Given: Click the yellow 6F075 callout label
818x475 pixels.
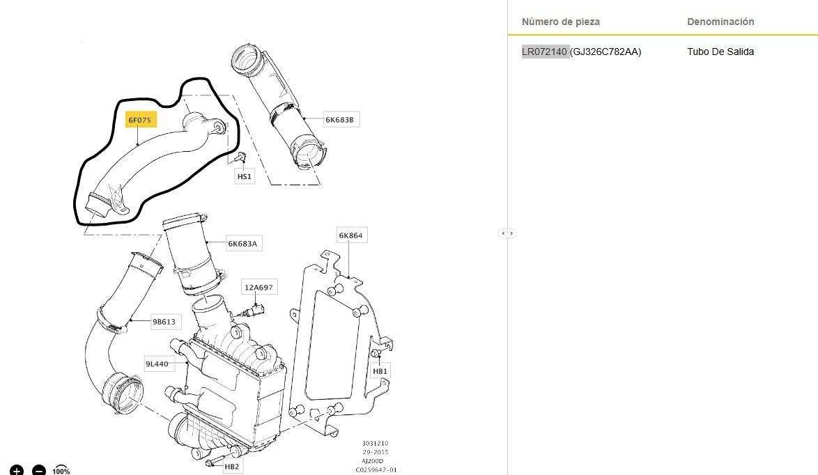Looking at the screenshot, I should coord(140,120).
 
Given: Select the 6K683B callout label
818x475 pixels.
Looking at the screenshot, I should coord(339,120).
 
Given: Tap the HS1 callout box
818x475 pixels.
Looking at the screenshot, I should coord(244,177).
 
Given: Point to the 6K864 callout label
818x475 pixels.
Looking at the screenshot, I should coord(350,235).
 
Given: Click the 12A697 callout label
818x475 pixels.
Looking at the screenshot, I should coord(258,287).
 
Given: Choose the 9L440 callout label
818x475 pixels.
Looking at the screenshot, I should coord(157,364).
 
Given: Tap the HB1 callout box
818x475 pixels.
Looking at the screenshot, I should coord(380,371).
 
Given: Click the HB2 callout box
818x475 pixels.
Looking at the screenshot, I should coord(232,466).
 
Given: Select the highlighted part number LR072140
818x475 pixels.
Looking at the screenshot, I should coord(545,52).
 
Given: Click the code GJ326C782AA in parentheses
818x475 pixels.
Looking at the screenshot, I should coord(605,52).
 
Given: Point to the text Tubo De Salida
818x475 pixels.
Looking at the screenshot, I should coord(720,52).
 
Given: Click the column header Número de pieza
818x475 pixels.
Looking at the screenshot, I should coord(561,22).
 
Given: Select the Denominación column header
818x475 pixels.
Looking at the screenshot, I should coord(720,22).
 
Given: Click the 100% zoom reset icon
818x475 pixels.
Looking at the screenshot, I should coord(61,470).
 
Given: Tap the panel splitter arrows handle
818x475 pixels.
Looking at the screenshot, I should coord(507,233).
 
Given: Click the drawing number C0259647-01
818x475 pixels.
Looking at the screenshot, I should coord(376,470).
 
